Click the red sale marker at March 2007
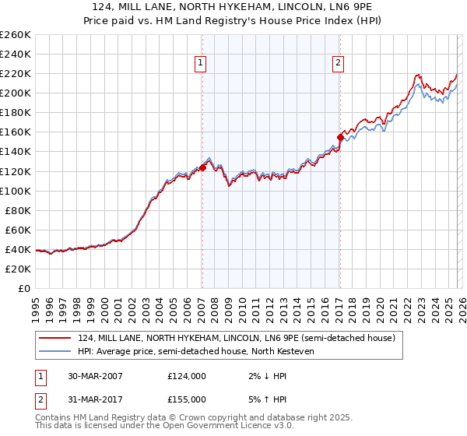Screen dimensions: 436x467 (x=202, y=167)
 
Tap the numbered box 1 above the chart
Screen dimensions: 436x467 (x=201, y=64)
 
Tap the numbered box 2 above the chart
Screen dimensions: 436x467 (x=339, y=64)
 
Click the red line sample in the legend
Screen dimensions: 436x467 (x=54, y=338)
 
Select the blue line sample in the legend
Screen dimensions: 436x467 (x=54, y=351)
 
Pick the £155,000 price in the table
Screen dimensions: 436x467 (x=187, y=399)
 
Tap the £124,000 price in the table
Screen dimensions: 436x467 (x=187, y=375)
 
